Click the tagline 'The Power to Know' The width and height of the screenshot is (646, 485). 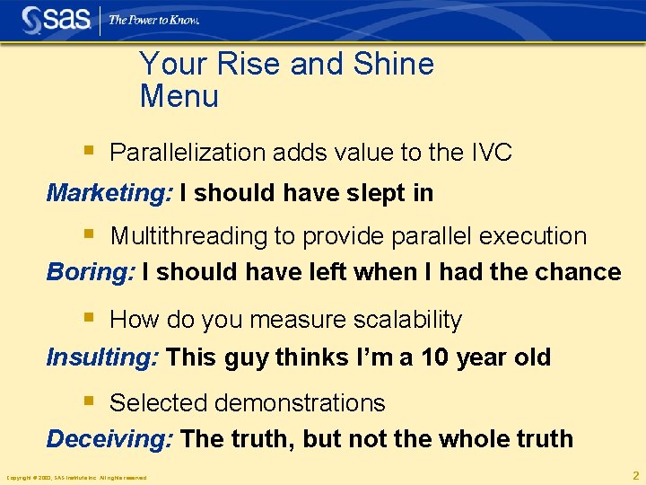[x=154, y=19]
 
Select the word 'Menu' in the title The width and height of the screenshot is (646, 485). [x=179, y=95]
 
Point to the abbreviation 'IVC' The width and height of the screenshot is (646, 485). [x=491, y=153]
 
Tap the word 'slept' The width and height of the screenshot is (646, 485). [x=362, y=193]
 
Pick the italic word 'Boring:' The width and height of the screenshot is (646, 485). [x=91, y=271]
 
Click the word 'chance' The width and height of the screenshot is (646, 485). [x=580, y=271]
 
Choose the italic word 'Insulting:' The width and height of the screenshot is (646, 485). [x=102, y=357]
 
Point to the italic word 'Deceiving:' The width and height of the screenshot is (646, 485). [x=109, y=438]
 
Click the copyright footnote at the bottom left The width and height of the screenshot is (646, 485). [x=75, y=477]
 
